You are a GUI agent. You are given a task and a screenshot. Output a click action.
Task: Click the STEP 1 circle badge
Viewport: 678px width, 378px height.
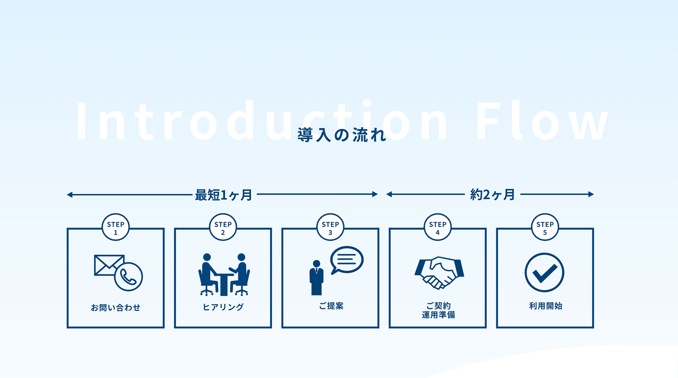(116, 227)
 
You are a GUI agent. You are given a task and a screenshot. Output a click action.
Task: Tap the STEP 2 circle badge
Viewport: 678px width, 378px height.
(223, 227)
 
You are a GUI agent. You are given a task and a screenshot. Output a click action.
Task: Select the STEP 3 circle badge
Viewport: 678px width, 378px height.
(330, 227)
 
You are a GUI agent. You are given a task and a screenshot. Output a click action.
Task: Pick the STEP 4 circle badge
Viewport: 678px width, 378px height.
(438, 227)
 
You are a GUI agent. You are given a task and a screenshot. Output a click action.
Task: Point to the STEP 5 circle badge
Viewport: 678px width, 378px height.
(545, 227)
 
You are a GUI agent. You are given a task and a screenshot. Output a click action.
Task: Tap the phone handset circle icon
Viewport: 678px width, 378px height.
(128, 277)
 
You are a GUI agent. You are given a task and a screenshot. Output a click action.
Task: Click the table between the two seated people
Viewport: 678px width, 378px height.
(224, 284)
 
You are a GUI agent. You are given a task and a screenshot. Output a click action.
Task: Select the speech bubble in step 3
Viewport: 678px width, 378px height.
(347, 260)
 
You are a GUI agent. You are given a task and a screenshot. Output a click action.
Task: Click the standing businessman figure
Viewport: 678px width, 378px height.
(316, 278)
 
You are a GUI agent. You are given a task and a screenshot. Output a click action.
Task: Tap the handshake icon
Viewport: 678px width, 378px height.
(439, 272)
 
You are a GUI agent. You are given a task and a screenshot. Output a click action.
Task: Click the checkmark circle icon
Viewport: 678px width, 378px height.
(544, 272)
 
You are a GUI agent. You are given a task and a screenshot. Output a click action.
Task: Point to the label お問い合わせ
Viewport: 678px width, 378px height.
(116, 307)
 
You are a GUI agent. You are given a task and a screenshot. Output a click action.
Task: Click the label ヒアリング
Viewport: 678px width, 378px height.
(223, 307)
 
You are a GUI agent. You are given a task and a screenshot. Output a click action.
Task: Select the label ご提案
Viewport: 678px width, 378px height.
(331, 306)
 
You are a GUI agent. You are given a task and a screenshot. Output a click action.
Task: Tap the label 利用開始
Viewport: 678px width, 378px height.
(546, 306)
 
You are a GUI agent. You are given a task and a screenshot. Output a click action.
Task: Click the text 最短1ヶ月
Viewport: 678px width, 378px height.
(223, 195)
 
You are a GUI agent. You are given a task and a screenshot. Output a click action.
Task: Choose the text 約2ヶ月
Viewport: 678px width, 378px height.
(492, 195)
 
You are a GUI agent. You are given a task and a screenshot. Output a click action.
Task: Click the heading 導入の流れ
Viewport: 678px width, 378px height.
(342, 135)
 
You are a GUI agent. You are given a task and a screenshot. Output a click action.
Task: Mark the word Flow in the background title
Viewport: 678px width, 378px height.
(541, 121)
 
